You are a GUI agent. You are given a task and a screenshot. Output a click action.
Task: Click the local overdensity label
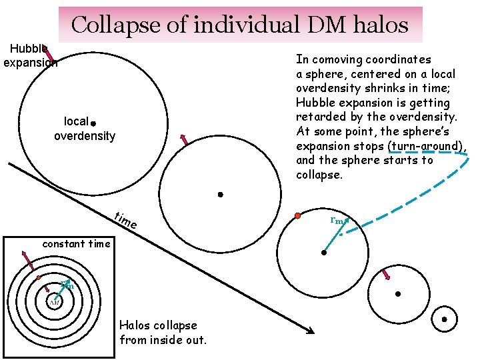(84, 129)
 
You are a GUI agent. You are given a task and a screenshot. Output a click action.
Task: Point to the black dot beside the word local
(93, 124)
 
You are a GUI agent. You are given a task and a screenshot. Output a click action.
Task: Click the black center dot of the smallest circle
(444, 319)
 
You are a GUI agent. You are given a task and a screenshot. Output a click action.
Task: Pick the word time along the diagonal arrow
(125, 221)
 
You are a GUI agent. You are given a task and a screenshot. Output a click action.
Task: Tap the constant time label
(76, 243)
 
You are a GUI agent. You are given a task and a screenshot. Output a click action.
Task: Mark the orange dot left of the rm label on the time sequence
(298, 216)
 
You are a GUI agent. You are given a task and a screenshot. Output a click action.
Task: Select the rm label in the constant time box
(66, 285)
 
